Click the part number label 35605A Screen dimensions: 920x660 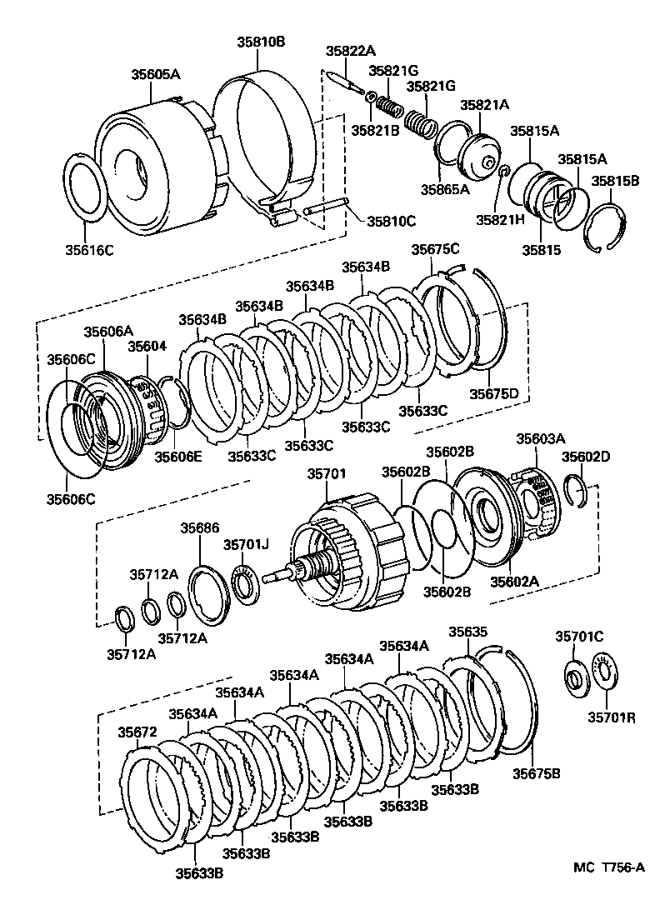click(155, 74)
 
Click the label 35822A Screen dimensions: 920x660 click(350, 52)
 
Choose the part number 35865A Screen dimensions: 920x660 click(444, 189)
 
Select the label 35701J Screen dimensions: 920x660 click(246, 544)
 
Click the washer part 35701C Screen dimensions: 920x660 click(575, 674)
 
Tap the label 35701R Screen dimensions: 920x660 click(611, 717)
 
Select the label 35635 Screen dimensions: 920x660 click(467, 632)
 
